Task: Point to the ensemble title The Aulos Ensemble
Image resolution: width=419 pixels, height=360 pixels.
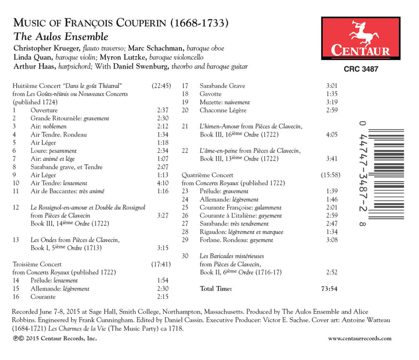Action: pos(60,37)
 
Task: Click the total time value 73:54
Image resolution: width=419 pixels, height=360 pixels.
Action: pos(329,288)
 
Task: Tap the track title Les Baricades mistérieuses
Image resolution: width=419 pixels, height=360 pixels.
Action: pos(231,256)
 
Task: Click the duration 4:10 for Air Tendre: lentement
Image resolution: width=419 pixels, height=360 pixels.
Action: pos(163,183)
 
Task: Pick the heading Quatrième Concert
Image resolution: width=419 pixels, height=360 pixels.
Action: pos(207,175)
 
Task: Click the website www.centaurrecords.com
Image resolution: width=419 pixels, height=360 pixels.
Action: pos(359,339)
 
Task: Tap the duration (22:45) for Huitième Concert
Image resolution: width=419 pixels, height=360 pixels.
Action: pos(161,85)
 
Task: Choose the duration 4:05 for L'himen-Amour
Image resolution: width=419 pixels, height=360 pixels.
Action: pos(332,134)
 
